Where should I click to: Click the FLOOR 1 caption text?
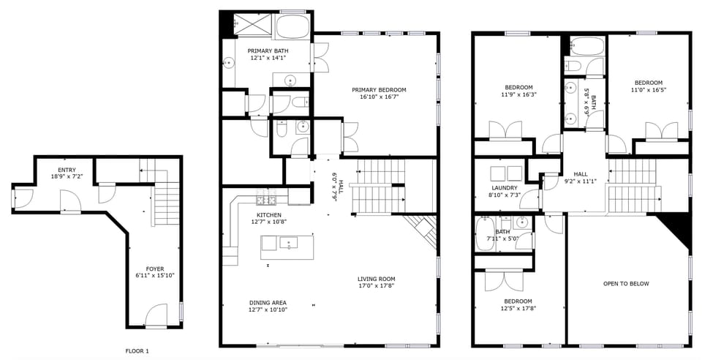pyautogui.click(x=137, y=351)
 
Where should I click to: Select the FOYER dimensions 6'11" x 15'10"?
pyautogui.click(x=154, y=276)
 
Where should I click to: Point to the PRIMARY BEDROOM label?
pyautogui.click(x=382, y=90)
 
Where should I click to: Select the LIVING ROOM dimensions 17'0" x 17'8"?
pyautogui.click(x=377, y=286)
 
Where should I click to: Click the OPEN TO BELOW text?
pyautogui.click(x=625, y=283)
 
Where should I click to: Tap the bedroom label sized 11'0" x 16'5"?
pyautogui.click(x=648, y=83)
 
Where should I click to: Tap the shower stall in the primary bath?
pyautogui.click(x=251, y=26)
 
